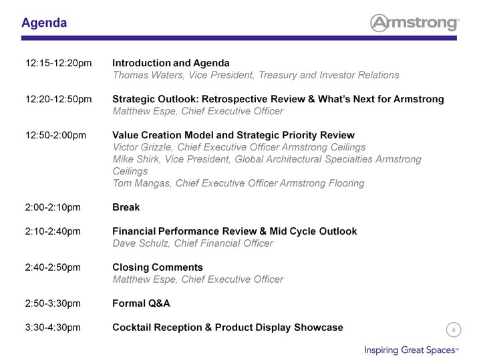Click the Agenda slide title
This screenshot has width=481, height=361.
coord(44,23)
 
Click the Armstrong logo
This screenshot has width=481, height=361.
coord(415,23)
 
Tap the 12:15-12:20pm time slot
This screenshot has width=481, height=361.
coord(58,64)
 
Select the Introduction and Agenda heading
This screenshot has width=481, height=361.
coord(171,63)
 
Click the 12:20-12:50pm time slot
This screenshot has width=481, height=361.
coord(58,99)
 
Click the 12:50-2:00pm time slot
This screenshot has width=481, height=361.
coord(55,135)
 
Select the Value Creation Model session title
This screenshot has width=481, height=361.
coord(233,135)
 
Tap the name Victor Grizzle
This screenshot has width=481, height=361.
coord(142,147)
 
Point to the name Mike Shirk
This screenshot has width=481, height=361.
coord(136,159)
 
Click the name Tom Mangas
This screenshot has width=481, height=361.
coord(142,183)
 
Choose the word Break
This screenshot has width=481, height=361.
coord(126,207)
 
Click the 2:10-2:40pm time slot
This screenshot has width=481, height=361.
coord(53,231)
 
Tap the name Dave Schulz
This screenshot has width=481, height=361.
coord(141,243)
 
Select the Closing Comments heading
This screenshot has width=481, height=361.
coord(158,267)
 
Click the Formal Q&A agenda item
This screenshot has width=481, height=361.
coord(141,304)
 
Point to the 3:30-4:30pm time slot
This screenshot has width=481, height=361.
coord(53,327)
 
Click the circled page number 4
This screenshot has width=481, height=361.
coord(454,330)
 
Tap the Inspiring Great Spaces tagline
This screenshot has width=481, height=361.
coord(412,350)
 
